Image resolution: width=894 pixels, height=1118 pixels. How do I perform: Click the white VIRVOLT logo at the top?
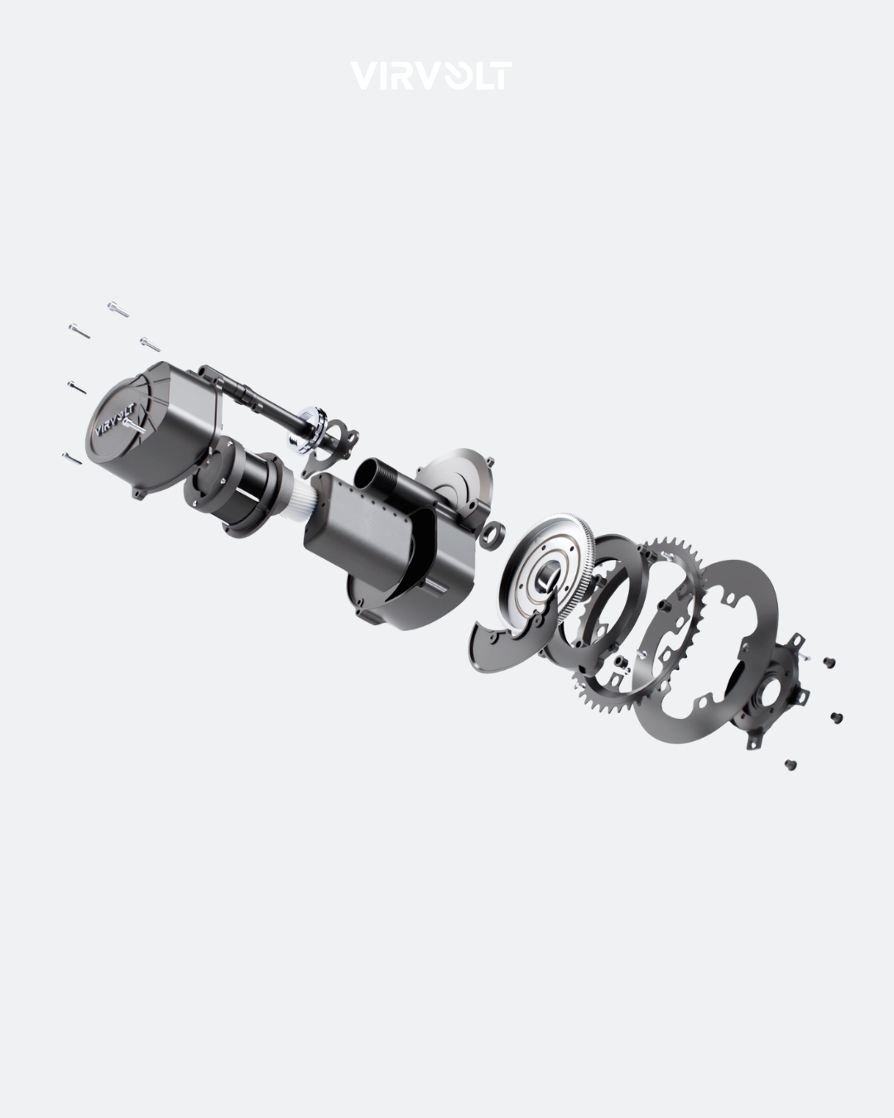430,76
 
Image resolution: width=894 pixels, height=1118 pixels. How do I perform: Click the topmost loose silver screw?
118,309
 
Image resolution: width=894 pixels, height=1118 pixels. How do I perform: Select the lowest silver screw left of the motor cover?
72,458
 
